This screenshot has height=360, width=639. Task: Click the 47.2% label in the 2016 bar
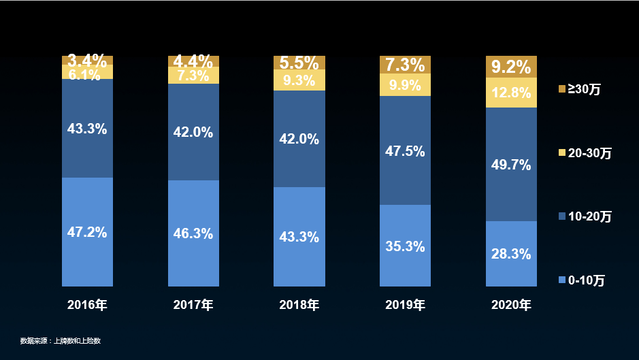[87, 232]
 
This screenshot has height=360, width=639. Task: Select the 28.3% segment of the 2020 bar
[511, 254]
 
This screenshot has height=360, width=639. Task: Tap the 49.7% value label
[511, 164]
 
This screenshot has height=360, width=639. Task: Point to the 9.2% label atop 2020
[511, 67]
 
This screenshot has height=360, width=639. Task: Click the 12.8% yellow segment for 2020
[511, 93]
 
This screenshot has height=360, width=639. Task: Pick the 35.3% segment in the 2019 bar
[405, 246]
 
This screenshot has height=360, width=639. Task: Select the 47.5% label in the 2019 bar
[405, 151]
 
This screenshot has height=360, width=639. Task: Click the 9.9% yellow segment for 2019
[405, 86]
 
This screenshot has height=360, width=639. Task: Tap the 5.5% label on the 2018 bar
[299, 63]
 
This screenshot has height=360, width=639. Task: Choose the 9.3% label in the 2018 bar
[299, 81]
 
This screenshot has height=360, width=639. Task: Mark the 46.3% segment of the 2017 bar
[193, 233]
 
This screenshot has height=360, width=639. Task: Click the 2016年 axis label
[87, 305]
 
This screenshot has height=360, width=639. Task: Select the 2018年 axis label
[299, 305]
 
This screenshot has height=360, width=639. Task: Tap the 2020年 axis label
[511, 305]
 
